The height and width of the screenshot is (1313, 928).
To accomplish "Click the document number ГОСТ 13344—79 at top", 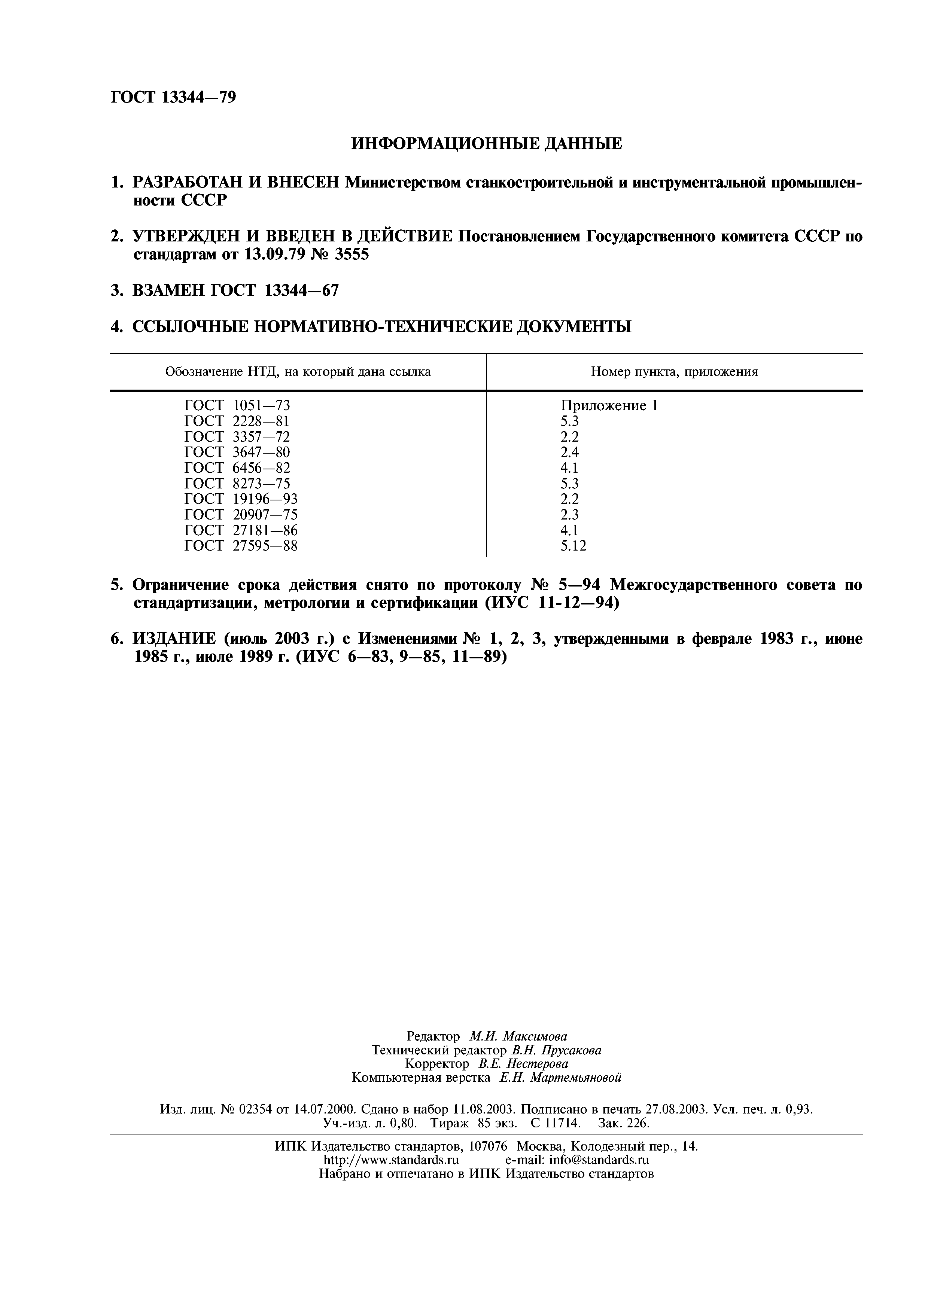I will coord(173,98).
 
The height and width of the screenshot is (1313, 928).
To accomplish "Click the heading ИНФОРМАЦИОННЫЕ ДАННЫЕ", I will coord(486,143).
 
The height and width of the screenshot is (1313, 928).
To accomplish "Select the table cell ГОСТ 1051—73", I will coord(237,405).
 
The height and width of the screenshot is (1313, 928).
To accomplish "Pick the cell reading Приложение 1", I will coord(609,405).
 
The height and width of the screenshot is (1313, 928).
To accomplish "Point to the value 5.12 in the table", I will coord(573,546).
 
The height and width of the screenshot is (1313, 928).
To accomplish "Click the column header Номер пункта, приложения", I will coord(674,372).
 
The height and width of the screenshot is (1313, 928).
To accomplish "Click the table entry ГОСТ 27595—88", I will coord(241,546).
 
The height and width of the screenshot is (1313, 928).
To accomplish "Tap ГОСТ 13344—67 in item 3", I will coord(275,290).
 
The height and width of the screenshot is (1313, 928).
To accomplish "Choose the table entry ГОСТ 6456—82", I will coord(237,468).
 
